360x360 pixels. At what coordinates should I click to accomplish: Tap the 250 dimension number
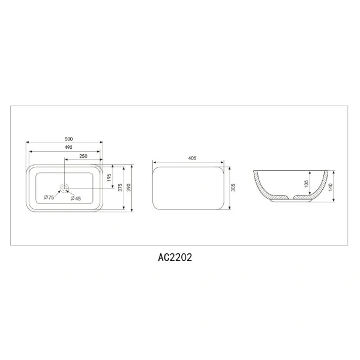[83, 157]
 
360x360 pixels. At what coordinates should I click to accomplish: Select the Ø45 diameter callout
[76, 198]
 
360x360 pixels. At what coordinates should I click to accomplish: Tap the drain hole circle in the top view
[65, 186]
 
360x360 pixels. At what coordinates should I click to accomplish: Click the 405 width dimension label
[192, 158]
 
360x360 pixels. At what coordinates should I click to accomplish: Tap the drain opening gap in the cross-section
[291, 198]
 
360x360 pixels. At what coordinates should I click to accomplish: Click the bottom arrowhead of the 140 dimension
[331, 203]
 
